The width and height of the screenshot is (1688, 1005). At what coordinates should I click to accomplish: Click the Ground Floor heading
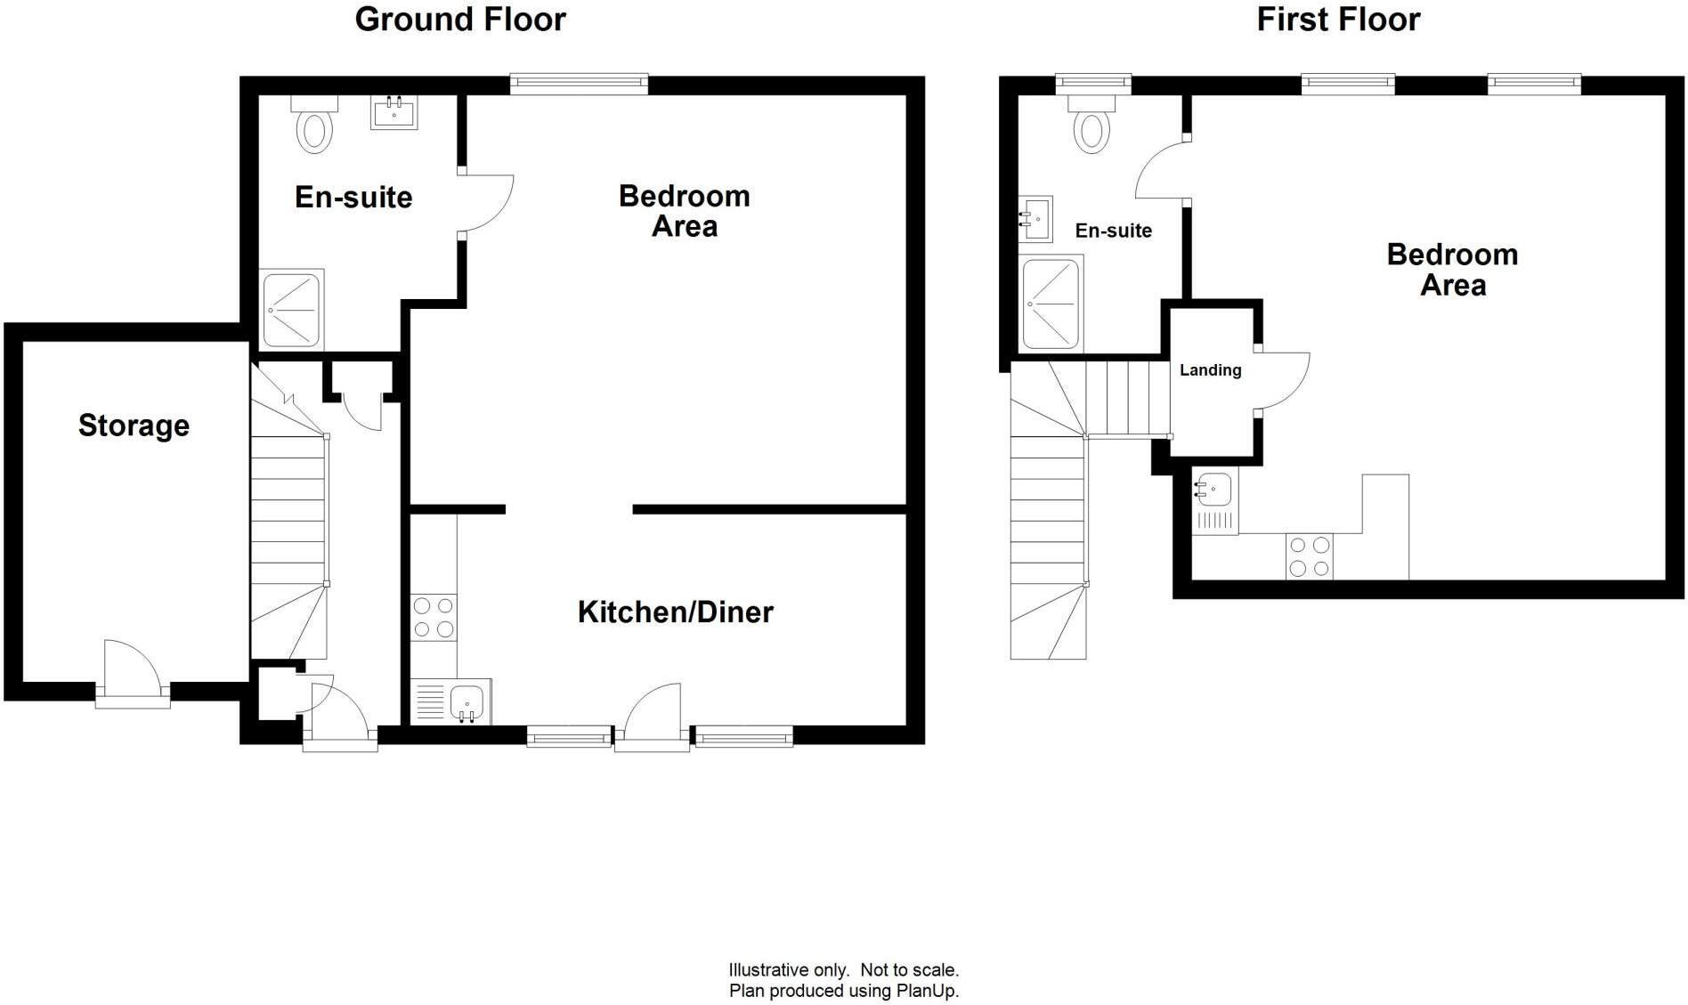(459, 20)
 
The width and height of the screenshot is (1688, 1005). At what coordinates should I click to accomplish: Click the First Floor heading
(1337, 20)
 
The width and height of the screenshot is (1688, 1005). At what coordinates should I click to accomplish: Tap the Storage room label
(134, 426)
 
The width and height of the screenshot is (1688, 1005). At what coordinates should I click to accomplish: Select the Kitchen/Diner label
(675, 612)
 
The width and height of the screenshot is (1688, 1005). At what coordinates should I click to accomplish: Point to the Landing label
(1210, 370)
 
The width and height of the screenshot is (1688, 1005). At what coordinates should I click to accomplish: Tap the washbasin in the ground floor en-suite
(394, 113)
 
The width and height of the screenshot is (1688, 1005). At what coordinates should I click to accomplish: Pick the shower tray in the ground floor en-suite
(291, 309)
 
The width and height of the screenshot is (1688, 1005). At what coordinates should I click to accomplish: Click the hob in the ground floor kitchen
(434, 617)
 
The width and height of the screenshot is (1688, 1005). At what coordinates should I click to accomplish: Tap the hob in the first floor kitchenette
(1309, 556)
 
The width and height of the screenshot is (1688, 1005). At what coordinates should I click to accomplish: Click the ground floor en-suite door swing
(486, 204)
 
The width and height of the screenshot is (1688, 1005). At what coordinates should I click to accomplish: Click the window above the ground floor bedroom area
(579, 85)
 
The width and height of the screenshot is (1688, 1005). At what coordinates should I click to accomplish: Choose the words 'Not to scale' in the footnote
(908, 970)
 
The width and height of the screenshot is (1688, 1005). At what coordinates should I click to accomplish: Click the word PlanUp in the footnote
(925, 991)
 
